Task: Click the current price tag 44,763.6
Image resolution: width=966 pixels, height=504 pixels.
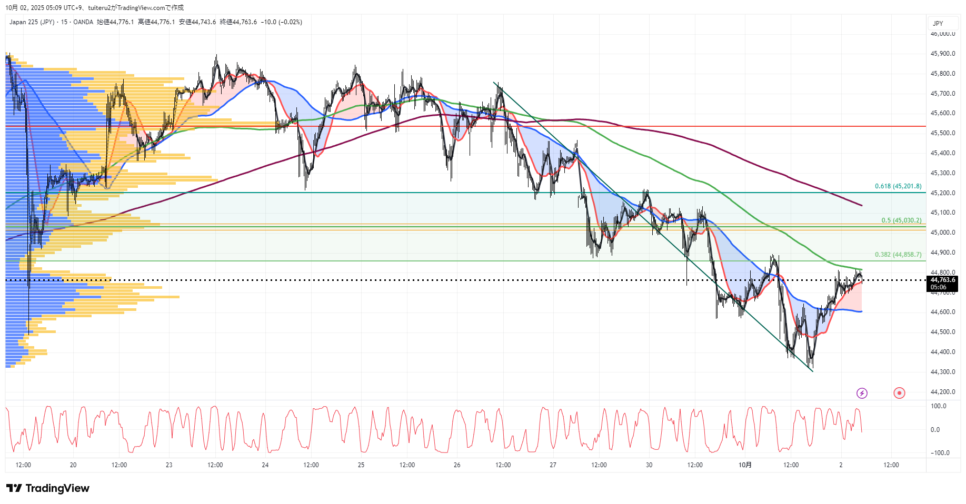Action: [942, 280]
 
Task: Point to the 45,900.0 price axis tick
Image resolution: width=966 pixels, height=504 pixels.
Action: [943, 54]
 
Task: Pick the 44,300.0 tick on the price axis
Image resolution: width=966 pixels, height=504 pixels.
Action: [943, 372]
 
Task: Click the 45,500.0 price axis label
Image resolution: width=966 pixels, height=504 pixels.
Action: [943, 133]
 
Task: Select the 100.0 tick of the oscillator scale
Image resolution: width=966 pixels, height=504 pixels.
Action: [939, 406]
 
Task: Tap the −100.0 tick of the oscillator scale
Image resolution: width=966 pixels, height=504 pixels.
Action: [940, 453]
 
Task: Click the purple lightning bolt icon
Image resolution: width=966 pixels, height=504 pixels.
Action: [862, 393]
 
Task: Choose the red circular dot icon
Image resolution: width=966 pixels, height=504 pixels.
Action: [899, 393]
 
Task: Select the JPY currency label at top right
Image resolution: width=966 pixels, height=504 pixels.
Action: [938, 24]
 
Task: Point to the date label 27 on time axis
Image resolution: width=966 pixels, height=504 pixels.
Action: [553, 465]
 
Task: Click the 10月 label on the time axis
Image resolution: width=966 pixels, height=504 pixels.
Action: [745, 465]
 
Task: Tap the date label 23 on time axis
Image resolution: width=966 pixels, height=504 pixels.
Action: [169, 465]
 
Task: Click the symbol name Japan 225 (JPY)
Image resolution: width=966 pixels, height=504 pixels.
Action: [32, 22]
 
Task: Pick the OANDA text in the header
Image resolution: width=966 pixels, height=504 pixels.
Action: [83, 22]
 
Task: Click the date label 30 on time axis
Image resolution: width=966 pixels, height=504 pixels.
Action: [649, 465]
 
